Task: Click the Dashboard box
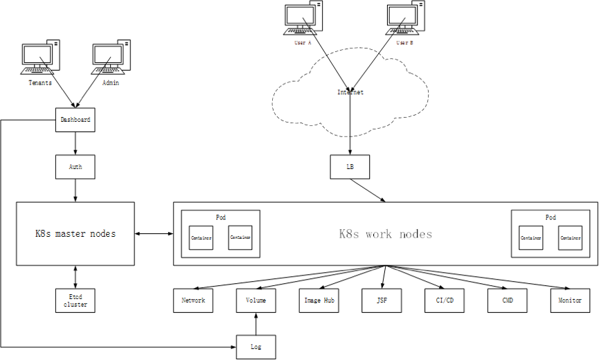75,120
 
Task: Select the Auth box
75,166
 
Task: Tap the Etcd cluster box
75,300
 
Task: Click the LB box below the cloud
350,166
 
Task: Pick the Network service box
193,300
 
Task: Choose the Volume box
256,300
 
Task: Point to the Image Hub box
321,300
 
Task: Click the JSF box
382,300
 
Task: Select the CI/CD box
445,300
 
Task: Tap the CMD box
506,300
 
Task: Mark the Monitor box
570,300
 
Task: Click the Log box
256,347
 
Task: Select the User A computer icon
303,19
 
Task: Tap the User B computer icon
404,19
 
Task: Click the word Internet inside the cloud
350,92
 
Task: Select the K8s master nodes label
75,234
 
